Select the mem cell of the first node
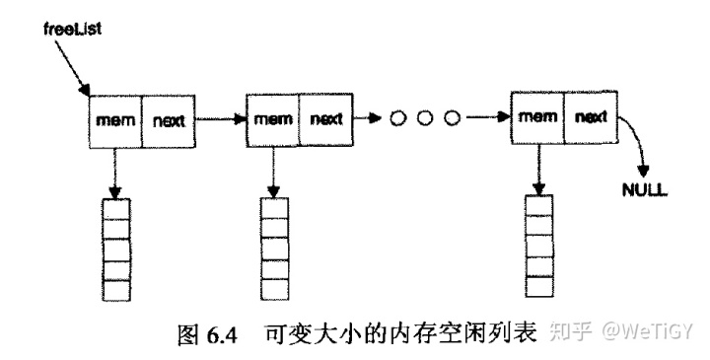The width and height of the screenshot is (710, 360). point(114,120)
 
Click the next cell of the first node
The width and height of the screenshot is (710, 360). point(171,120)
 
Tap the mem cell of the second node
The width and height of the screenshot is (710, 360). point(271,120)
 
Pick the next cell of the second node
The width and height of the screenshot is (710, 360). point(326,120)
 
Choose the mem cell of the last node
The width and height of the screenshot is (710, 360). point(537,117)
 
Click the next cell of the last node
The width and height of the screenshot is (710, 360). point(590,117)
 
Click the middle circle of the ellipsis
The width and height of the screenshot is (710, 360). point(426,119)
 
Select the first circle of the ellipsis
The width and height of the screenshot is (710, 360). point(399,119)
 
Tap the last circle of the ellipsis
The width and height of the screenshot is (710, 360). point(452,119)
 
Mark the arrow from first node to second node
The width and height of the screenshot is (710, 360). point(219,120)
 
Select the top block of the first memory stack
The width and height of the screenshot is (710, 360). point(115,209)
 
